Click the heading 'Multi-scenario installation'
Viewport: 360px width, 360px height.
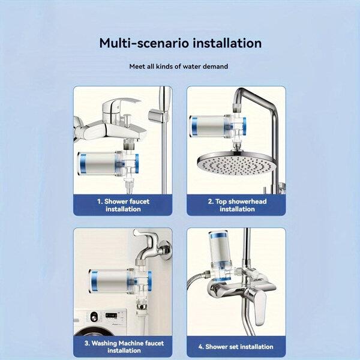click(x=180, y=43)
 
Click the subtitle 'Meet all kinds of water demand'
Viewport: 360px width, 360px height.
click(x=179, y=67)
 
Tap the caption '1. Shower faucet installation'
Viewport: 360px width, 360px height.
click(x=123, y=205)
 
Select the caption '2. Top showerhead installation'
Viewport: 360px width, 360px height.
click(x=237, y=205)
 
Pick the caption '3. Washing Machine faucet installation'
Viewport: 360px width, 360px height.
click(x=124, y=347)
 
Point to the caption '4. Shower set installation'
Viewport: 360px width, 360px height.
click(x=236, y=347)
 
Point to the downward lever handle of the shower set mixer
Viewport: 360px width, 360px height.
click(x=260, y=308)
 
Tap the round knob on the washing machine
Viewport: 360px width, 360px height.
click(x=94, y=317)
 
